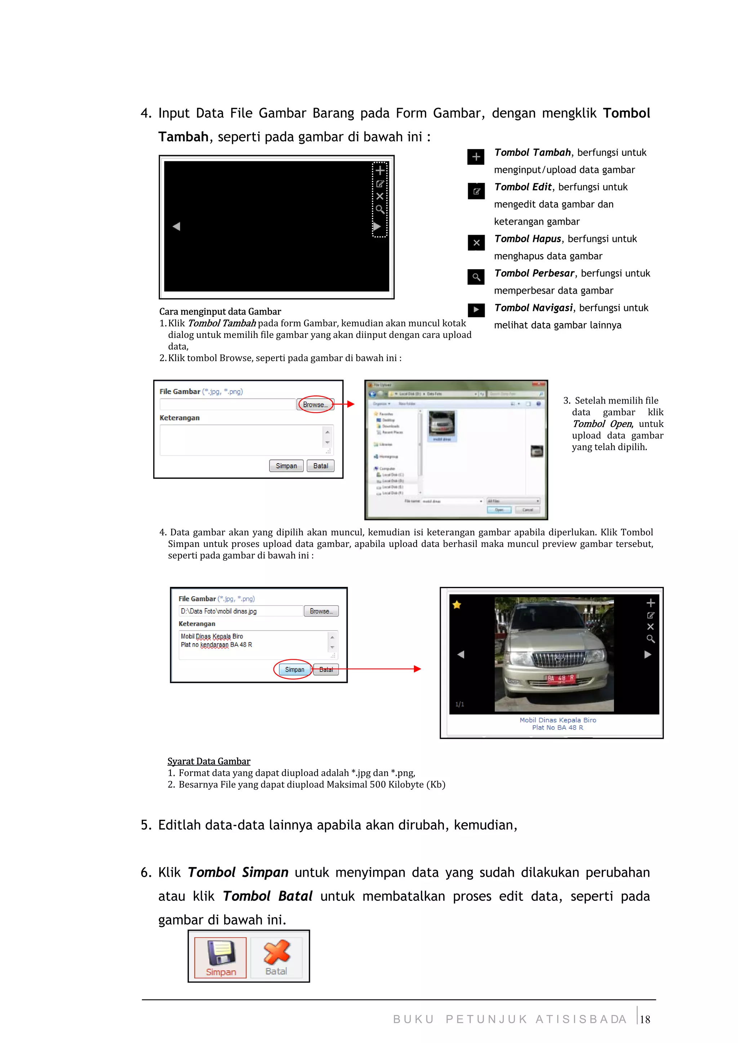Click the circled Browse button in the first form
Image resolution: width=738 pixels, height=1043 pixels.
coord(315,404)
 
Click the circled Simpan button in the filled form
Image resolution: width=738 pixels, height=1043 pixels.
coord(294,669)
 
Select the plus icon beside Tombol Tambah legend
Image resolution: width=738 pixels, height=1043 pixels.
coord(476,157)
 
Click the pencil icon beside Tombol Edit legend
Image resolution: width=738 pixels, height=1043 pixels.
coord(476,191)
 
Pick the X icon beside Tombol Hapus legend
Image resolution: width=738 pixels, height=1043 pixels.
coord(476,243)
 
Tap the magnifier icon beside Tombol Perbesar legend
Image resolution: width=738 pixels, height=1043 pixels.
coord(476,277)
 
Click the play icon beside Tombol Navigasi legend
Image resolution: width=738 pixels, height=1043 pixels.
coord(476,310)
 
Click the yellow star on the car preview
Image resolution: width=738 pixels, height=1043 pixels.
coord(457,605)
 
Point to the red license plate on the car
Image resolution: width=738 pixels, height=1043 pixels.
coord(561,678)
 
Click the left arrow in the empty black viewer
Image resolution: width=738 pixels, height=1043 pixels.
coord(177,226)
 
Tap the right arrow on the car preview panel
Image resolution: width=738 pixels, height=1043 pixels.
coord(648,655)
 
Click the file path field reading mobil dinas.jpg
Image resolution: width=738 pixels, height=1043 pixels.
coord(241,611)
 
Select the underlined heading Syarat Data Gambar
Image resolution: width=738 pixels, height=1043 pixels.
coord(209,761)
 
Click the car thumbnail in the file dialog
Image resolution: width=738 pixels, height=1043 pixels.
coord(441,425)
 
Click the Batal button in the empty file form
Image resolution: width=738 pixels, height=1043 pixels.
coord(321,466)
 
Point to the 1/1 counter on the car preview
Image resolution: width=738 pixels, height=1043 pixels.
coord(460,704)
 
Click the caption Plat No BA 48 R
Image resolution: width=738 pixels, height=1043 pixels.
coord(557,728)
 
